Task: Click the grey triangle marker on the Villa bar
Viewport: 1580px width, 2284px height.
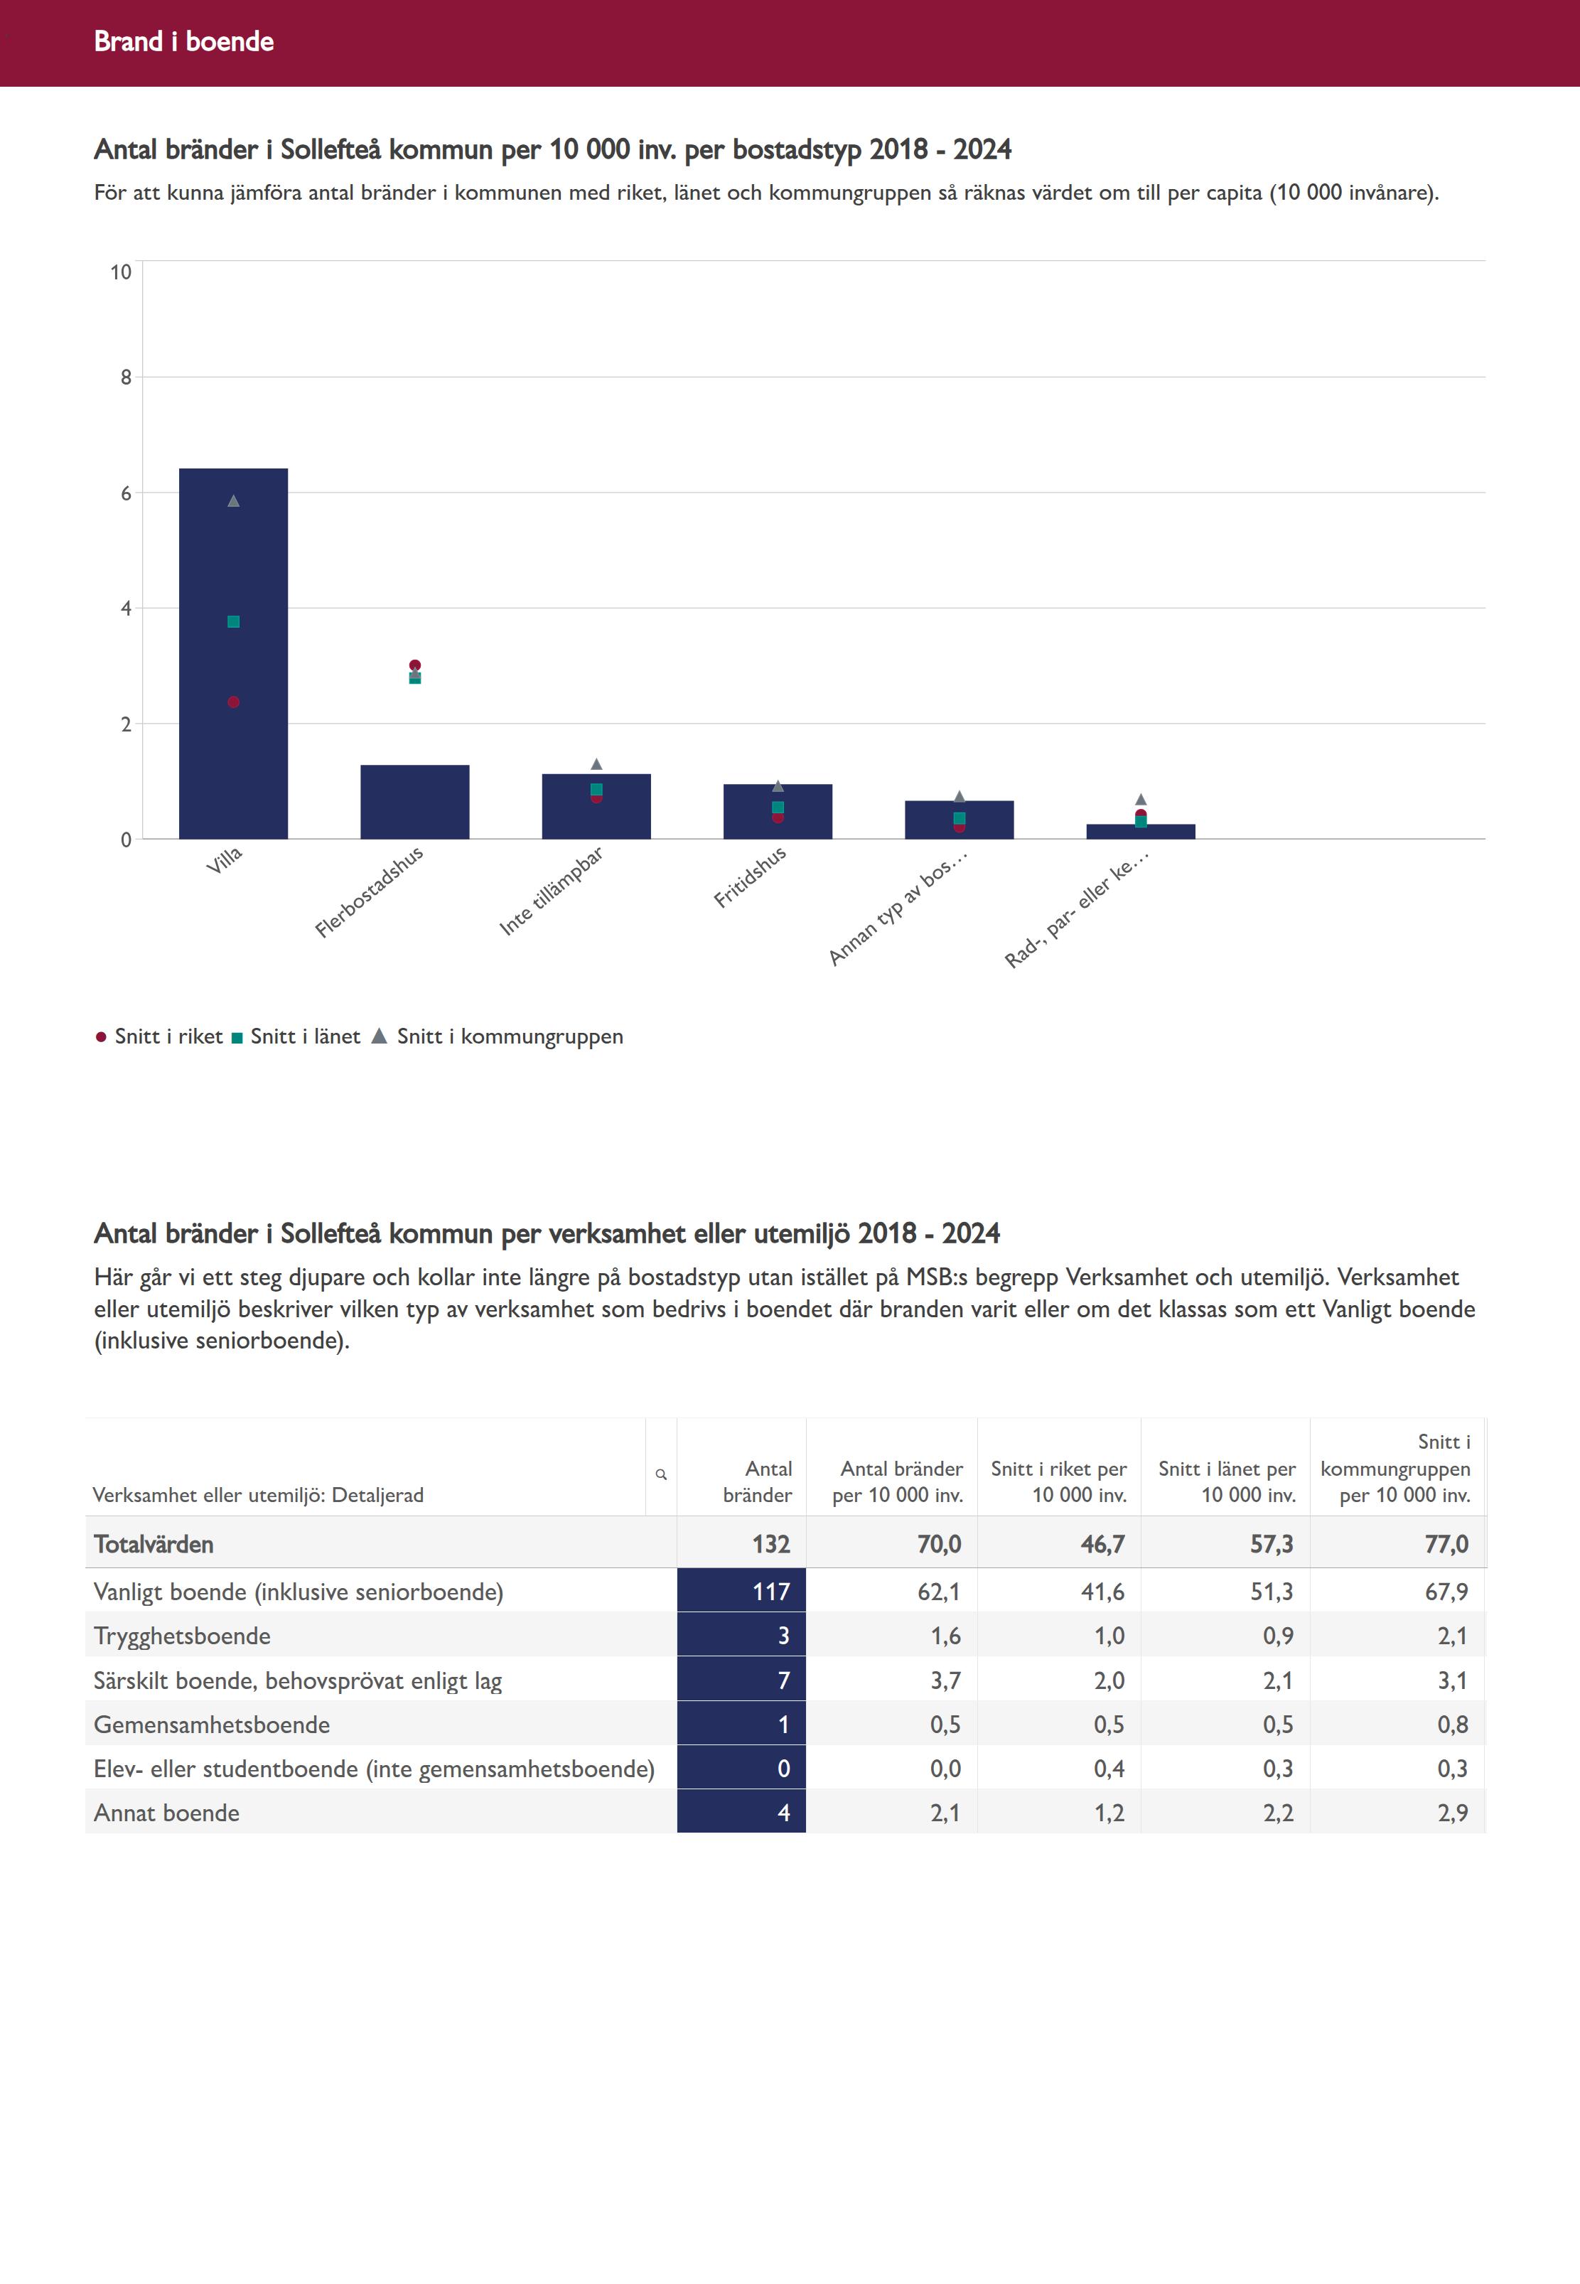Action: click(x=234, y=501)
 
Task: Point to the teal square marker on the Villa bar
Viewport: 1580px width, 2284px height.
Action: click(x=234, y=622)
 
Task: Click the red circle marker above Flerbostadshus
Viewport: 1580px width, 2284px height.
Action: click(x=415, y=665)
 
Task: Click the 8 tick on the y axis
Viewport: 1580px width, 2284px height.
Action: click(x=126, y=377)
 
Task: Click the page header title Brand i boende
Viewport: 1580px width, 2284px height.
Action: click(x=184, y=41)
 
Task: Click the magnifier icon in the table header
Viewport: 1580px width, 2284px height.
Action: click(x=661, y=1474)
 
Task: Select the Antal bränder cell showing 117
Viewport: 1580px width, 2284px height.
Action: click(x=770, y=1592)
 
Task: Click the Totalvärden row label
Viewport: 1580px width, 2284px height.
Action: click(x=154, y=1545)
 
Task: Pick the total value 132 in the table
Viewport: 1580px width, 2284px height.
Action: click(x=770, y=1545)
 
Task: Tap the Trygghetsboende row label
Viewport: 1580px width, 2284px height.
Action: click(x=182, y=1636)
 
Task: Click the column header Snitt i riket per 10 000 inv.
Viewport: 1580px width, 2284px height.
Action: click(x=1058, y=1481)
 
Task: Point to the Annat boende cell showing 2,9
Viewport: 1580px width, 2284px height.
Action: click(x=1452, y=1813)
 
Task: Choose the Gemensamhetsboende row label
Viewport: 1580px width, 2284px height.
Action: click(x=212, y=1725)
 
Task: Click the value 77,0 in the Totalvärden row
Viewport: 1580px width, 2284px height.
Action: click(x=1446, y=1545)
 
